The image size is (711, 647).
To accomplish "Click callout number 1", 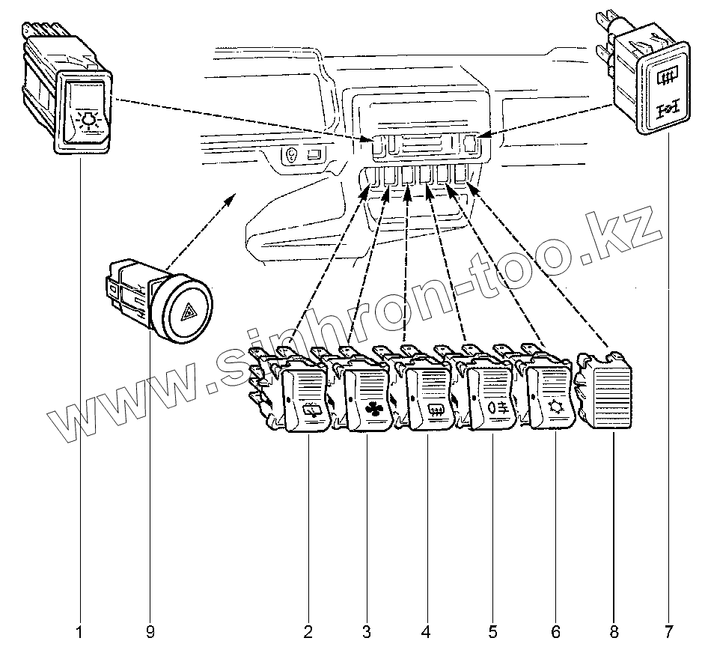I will point(79,632).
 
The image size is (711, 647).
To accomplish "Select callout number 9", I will point(150,632).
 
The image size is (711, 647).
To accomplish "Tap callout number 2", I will point(308,632).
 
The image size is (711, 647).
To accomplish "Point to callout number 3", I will point(367,632).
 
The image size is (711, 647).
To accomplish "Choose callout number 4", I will point(427,632).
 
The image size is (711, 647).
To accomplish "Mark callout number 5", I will point(492,632).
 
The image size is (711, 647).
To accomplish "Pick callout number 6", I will point(555,632).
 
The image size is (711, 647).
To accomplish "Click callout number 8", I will point(614,632).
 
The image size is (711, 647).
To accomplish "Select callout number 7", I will point(668,632).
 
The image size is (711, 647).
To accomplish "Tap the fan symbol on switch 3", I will point(373,410).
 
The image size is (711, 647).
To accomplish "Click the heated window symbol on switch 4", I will point(436,409).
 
